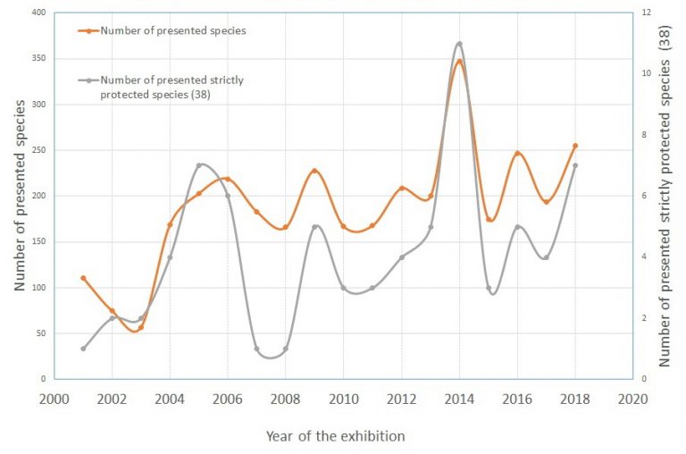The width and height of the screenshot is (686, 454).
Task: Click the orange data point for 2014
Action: (459, 61)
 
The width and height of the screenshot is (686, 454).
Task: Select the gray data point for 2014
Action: (459, 43)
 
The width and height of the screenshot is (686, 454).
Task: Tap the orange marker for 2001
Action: (83, 278)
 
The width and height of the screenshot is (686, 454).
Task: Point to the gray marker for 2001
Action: (83, 349)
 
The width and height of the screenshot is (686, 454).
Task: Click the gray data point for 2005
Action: (198, 165)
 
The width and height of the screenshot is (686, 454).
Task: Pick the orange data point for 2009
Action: (314, 171)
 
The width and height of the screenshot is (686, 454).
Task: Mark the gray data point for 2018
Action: (575, 165)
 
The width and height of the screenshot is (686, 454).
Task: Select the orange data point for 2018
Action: (575, 146)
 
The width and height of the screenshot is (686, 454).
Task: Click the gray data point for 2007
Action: (256, 349)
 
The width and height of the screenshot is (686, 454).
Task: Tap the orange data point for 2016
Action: (517, 154)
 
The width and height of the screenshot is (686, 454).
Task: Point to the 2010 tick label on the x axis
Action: (344, 398)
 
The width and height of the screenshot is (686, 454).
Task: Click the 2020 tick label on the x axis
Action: (632, 398)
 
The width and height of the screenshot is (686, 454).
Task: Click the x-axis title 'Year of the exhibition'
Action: (335, 436)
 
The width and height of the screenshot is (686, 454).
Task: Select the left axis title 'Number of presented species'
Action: (20, 197)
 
